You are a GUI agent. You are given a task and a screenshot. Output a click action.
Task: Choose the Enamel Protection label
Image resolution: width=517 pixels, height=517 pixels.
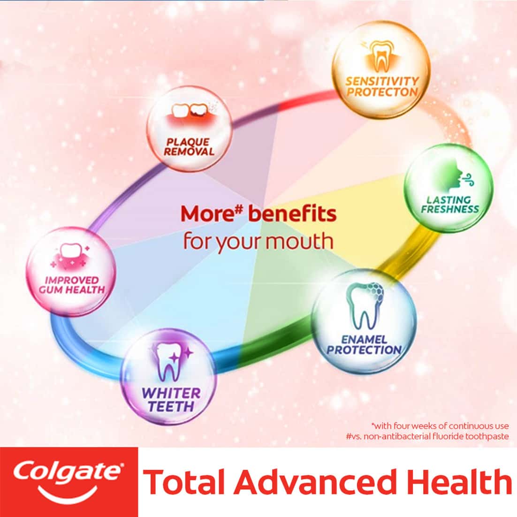[364, 344]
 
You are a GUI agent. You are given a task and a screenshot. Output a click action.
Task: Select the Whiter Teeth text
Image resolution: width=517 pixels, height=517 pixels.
[171, 398]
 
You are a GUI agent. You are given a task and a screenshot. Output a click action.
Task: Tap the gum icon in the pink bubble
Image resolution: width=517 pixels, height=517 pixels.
[74, 256]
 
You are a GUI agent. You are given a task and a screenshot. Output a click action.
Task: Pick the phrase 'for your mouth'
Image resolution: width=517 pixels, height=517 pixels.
[258, 241]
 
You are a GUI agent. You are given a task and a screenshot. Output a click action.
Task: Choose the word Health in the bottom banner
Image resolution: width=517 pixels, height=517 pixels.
[459, 482]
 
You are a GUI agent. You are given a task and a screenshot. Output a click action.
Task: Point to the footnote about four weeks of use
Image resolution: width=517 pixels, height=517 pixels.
[440, 426]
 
